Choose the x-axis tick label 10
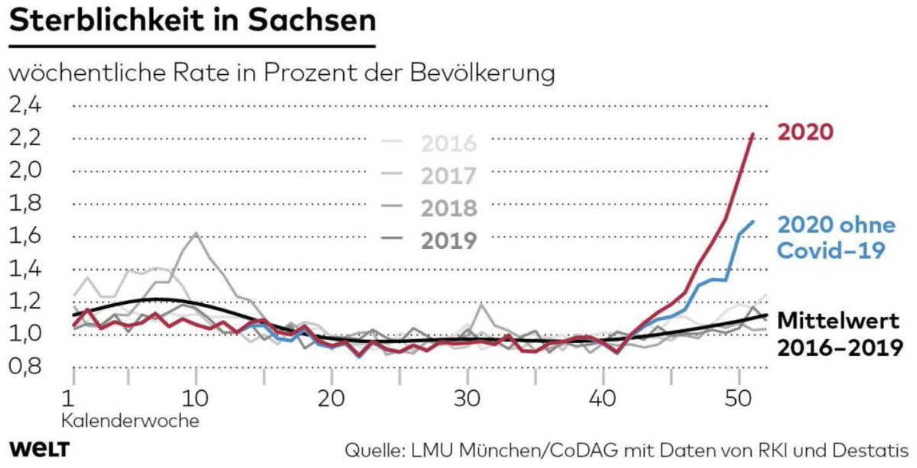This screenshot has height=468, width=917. tap(196, 398)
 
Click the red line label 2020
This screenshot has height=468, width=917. tap(805, 132)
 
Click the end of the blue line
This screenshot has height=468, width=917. tap(753, 221)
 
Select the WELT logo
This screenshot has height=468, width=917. tap(39, 447)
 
